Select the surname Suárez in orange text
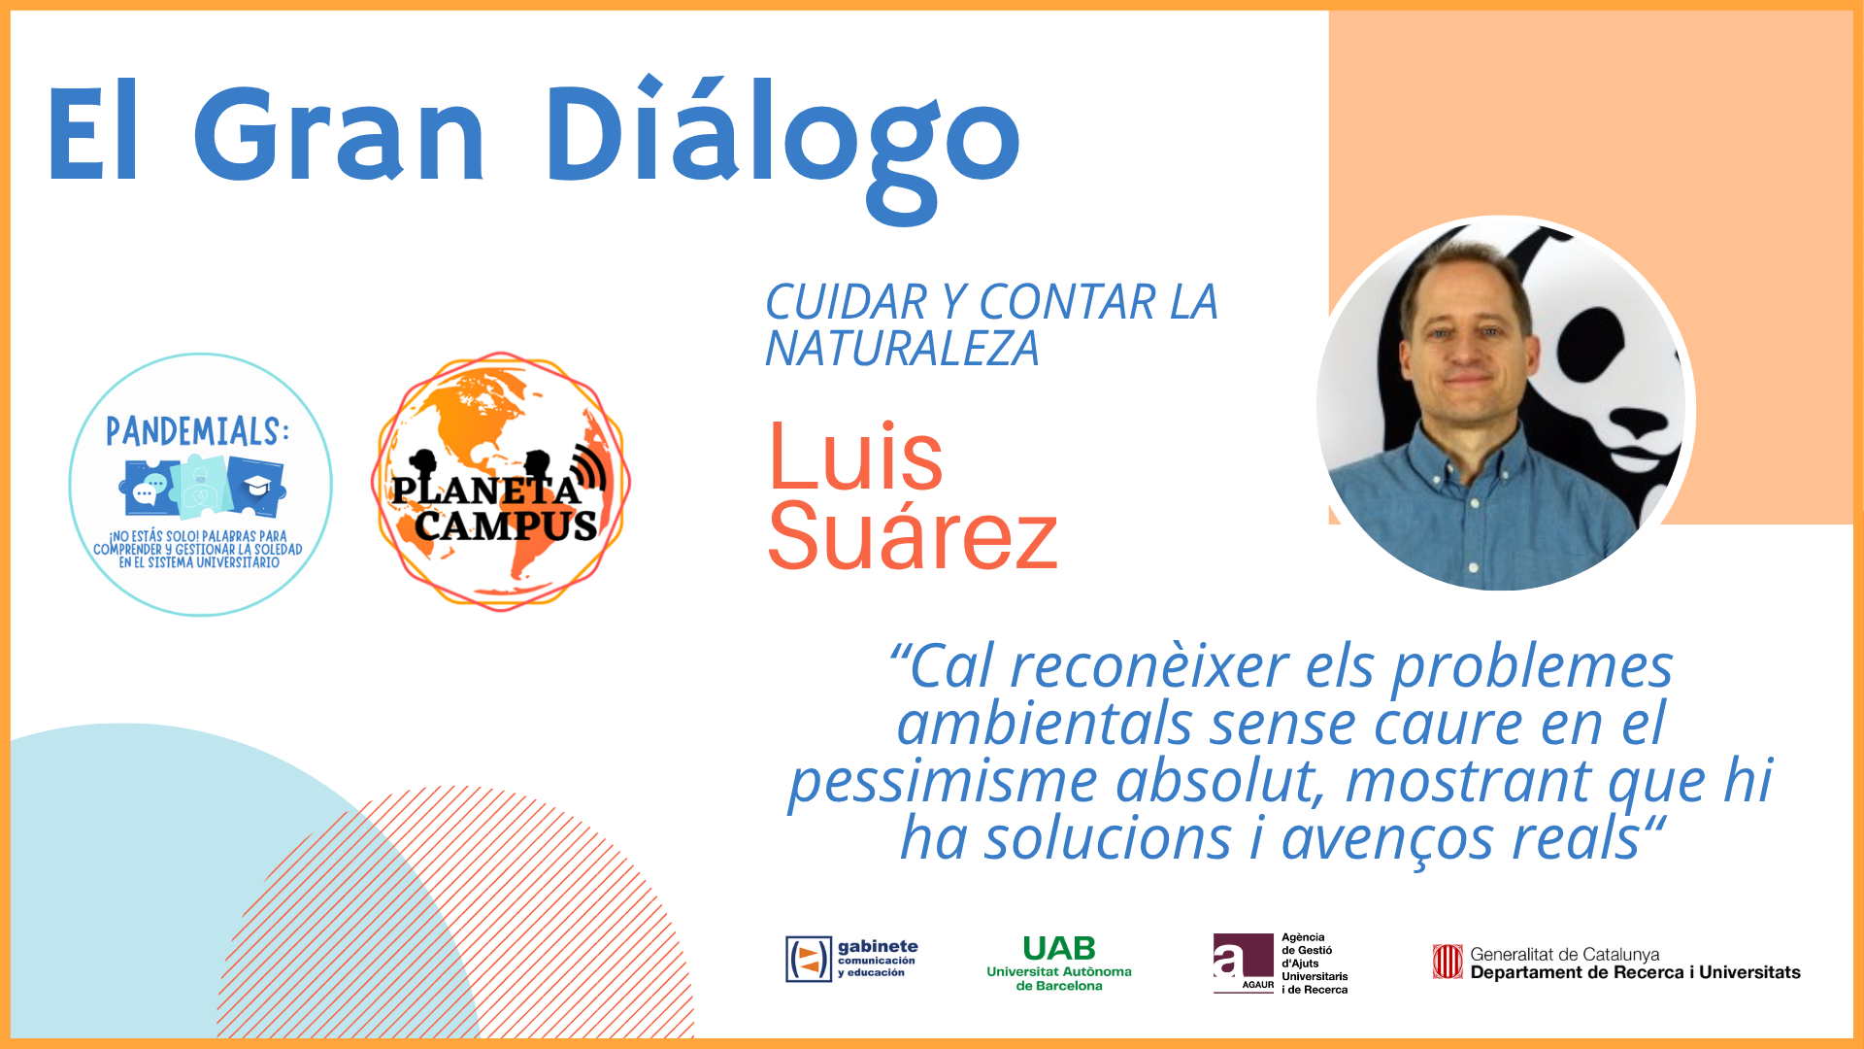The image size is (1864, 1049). click(913, 537)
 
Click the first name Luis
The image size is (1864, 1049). click(855, 456)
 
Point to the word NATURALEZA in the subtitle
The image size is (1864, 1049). click(902, 349)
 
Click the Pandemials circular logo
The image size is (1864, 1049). click(201, 484)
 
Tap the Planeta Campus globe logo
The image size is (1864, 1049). click(501, 482)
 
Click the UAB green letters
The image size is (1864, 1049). click(1059, 948)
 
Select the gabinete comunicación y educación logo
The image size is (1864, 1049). click(851, 959)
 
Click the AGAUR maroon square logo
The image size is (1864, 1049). click(1244, 964)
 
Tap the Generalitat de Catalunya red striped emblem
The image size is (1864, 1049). click(1448, 962)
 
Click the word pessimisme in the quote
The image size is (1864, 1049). click(943, 782)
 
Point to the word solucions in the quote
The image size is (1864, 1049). click(1108, 838)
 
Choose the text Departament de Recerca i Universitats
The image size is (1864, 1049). click(1635, 972)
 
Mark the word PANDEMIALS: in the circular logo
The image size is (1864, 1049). click(197, 431)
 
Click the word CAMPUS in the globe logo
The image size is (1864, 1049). click(506, 525)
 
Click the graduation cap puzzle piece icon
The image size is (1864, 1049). click(257, 486)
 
